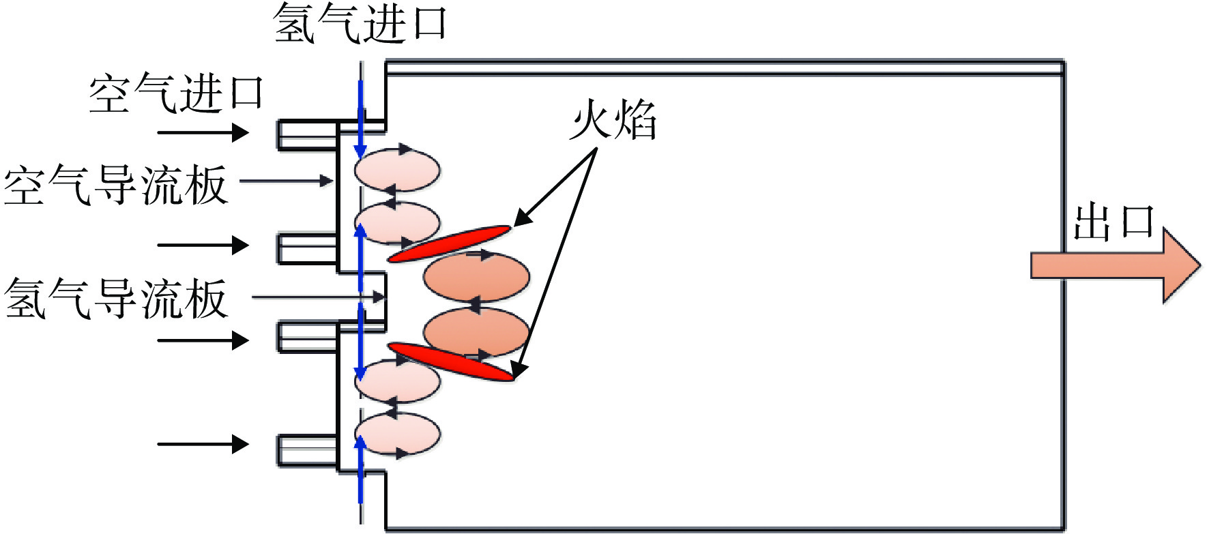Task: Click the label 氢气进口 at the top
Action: point(360,23)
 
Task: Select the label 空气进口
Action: point(176,93)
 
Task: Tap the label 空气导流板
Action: point(115,185)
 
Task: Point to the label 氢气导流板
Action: point(115,298)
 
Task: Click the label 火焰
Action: point(613,119)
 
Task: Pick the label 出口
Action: point(1113,222)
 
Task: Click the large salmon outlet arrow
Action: point(1115,265)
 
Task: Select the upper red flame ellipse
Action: point(450,243)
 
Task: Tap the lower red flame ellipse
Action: point(450,361)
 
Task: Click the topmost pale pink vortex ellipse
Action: point(397,169)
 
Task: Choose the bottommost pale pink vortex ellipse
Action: point(397,434)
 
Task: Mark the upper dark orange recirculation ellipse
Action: point(476,277)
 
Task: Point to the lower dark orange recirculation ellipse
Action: point(476,332)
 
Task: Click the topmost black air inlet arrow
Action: point(203,132)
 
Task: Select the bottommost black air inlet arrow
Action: point(203,444)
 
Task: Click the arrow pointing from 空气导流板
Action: point(287,181)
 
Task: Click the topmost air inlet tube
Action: point(308,134)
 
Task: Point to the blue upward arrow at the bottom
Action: point(360,470)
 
